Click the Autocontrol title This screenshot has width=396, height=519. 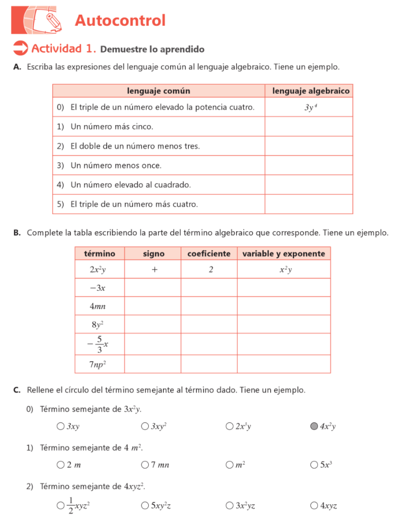click(x=120, y=21)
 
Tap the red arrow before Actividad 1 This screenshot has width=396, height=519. click(x=20, y=48)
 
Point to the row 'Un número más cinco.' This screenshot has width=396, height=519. click(x=112, y=126)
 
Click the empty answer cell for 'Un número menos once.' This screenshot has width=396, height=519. click(x=308, y=165)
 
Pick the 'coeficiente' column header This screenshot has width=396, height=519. click(x=209, y=253)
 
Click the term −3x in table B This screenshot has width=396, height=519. click(x=97, y=288)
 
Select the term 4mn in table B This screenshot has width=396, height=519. click(x=97, y=306)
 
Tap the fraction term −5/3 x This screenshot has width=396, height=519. click(x=97, y=344)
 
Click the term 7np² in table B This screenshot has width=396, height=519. click(x=97, y=364)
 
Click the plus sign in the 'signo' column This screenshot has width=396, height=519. click(x=154, y=270)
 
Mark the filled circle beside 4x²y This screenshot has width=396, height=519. click(x=314, y=426)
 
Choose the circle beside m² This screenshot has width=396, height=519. click(x=229, y=465)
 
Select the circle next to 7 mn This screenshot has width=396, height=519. click(x=145, y=465)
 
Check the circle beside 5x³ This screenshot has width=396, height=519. click(x=314, y=465)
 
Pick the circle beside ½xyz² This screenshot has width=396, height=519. click(x=60, y=505)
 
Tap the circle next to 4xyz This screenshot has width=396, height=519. click(x=314, y=505)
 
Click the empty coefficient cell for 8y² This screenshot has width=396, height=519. click(x=209, y=324)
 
